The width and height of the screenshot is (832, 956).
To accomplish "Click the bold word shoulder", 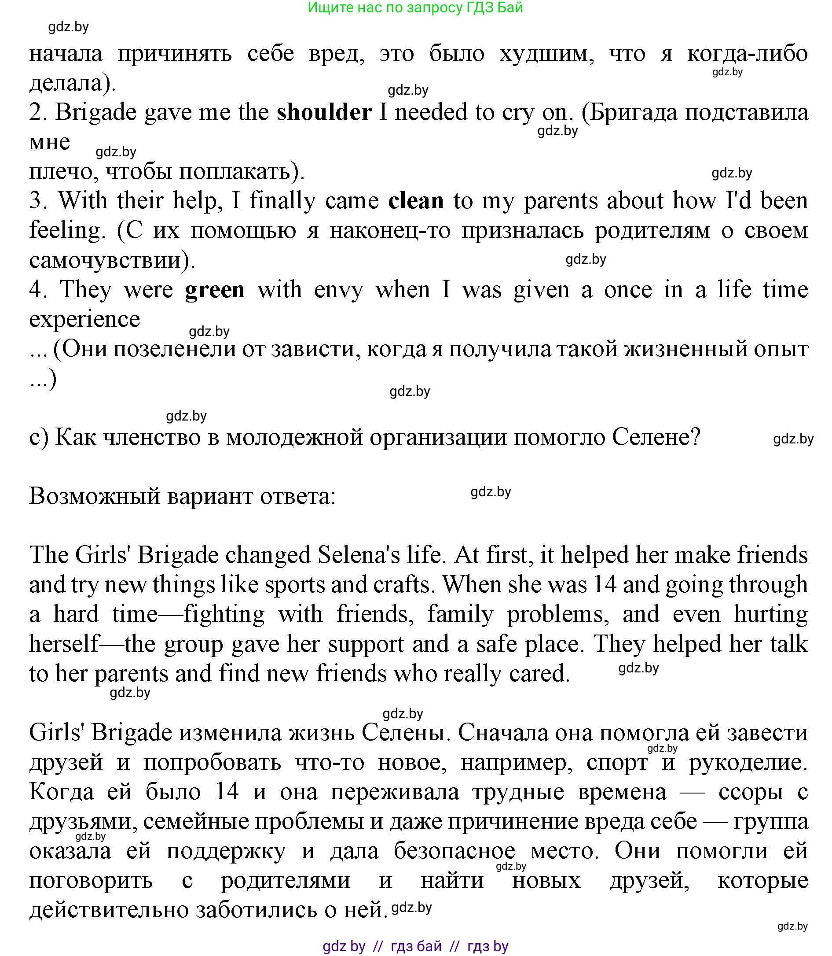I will pyautogui.click(x=324, y=113).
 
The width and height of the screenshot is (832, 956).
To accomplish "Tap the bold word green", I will pyautogui.click(x=215, y=290).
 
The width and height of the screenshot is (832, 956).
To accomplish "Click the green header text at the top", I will pyautogui.click(x=415, y=8).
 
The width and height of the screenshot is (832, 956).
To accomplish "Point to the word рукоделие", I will pyautogui.click(x=748, y=762).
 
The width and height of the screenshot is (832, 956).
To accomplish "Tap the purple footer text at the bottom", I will pyautogui.click(x=415, y=946).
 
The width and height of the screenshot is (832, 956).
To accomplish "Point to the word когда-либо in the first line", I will pyautogui.click(x=747, y=54).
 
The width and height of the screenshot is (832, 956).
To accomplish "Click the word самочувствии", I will pyautogui.click(x=112, y=260).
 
